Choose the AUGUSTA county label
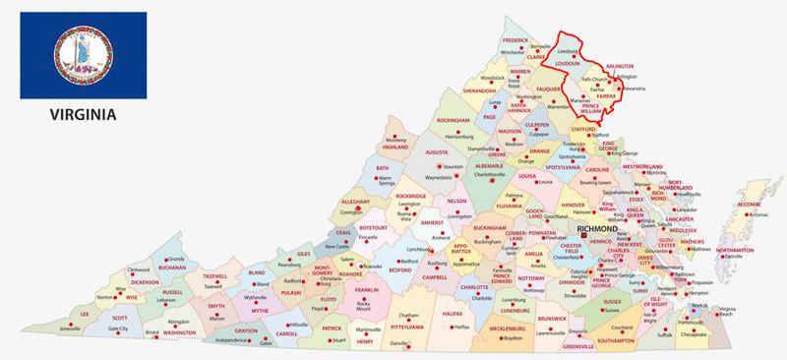(436, 152)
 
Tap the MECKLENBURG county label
(509, 329)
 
